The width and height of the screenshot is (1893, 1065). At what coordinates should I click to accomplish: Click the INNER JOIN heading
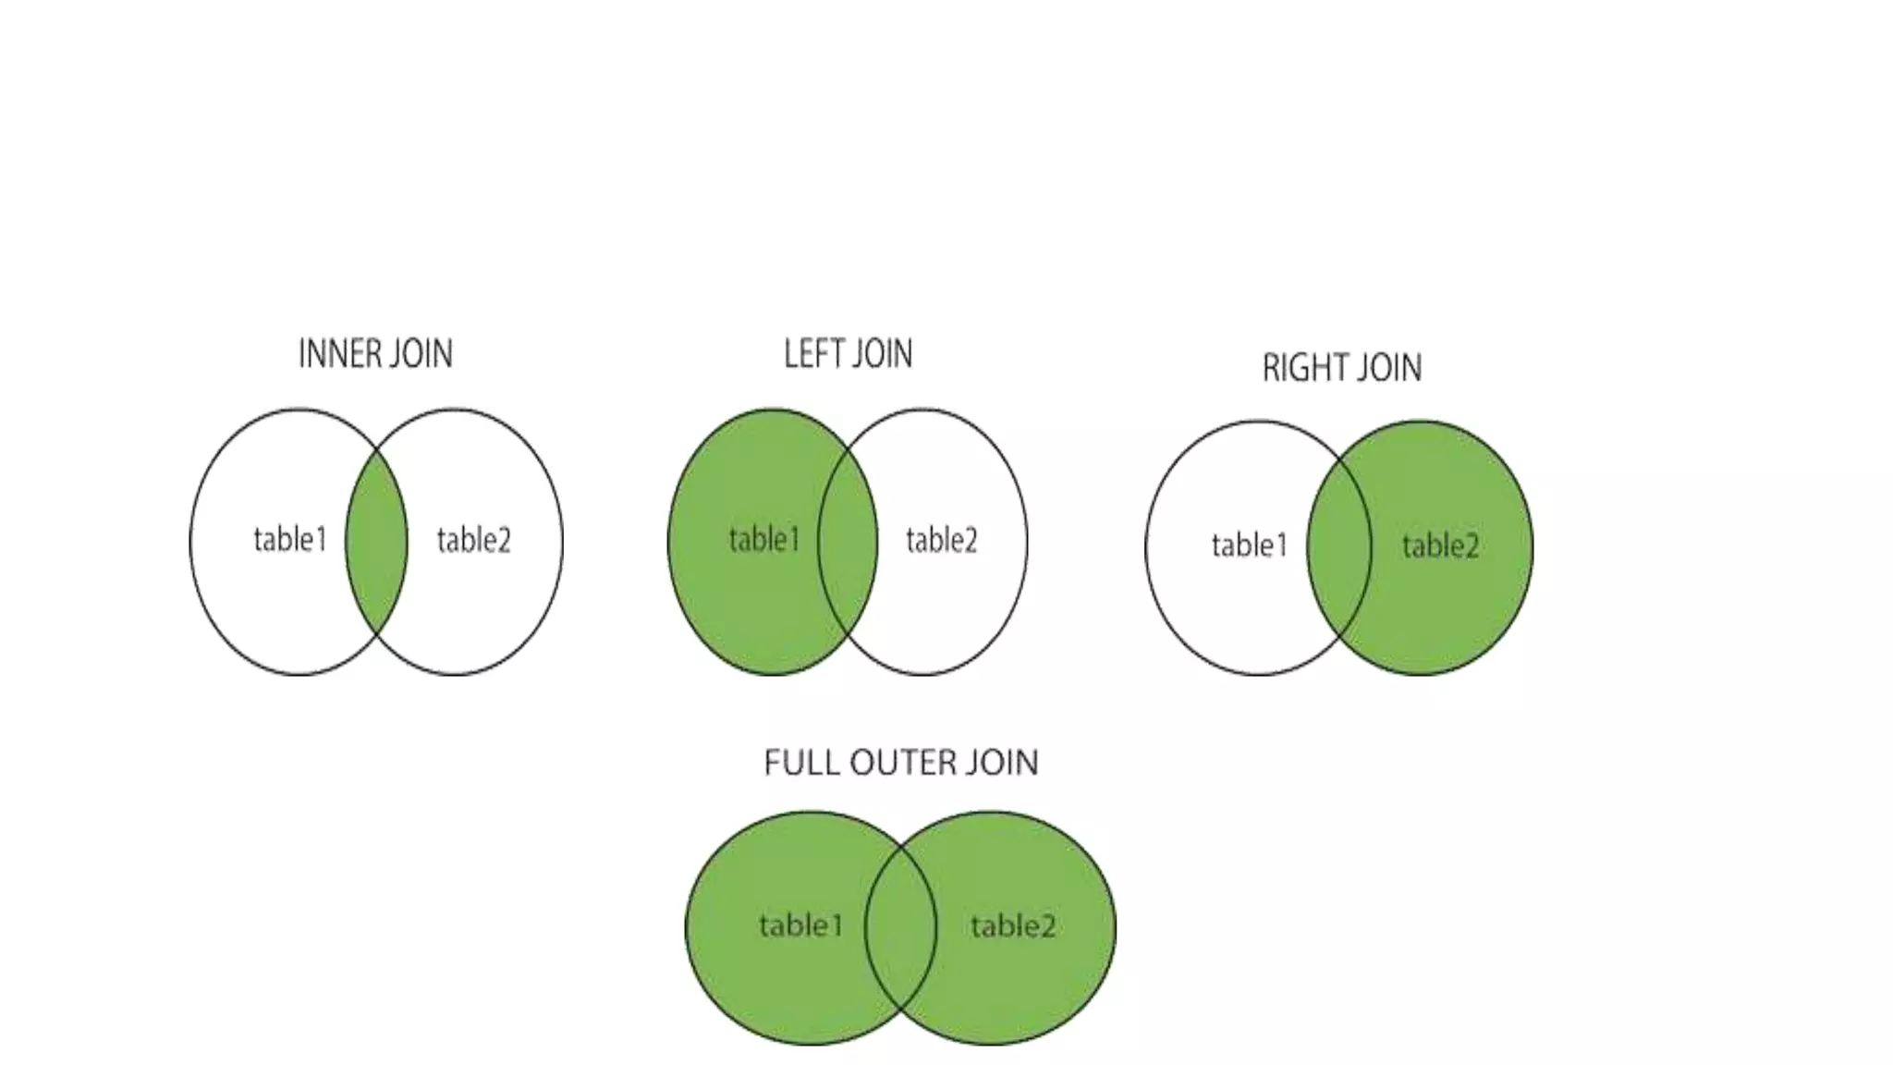[375, 354]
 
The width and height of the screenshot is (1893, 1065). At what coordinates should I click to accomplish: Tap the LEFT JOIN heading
[848, 354]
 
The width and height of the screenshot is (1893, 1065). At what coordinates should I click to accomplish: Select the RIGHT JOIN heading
[1341, 368]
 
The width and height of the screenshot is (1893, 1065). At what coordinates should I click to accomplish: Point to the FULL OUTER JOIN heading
[901, 763]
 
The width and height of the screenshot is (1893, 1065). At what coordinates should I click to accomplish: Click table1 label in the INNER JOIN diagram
[290, 539]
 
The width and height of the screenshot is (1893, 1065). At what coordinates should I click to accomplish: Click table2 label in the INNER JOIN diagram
[473, 540]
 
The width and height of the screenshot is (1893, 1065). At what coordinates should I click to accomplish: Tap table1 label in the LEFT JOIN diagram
[763, 539]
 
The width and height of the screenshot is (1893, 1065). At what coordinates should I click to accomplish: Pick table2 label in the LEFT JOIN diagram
[941, 540]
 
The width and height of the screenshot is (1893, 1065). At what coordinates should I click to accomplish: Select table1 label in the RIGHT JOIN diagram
[1249, 545]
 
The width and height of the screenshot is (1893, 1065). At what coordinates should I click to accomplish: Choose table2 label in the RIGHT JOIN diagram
[1440, 546]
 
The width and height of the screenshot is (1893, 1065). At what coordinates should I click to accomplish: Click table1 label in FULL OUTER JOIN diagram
[800, 924]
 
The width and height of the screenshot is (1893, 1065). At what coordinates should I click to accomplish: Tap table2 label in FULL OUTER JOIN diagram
[1012, 925]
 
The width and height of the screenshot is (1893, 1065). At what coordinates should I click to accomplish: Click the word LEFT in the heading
[812, 354]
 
